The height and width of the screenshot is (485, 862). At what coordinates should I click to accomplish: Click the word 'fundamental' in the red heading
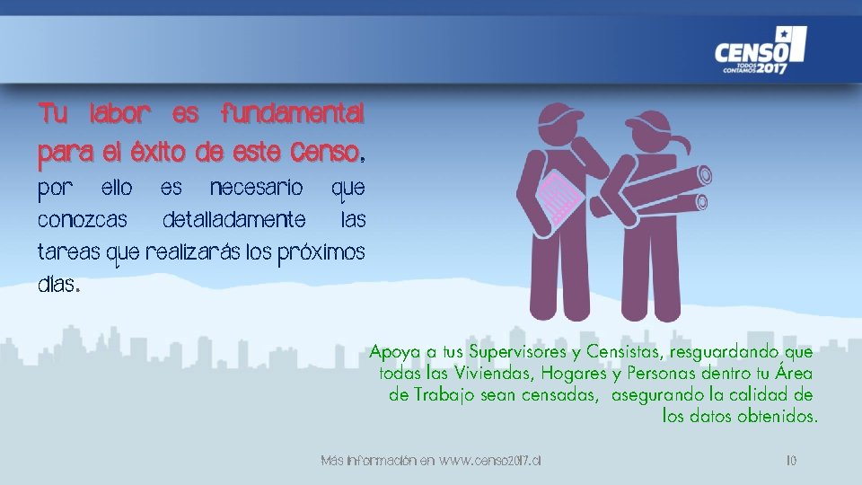pos(293,114)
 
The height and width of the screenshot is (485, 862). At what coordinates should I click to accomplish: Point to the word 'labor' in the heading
pos(119,114)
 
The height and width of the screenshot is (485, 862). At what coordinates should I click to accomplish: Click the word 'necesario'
pos(255,190)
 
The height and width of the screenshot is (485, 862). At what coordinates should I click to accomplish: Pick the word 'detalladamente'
pos(233,220)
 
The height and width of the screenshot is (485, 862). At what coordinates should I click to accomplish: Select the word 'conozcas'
pos(83,220)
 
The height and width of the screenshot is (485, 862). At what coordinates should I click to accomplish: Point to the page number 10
pos(791,461)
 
